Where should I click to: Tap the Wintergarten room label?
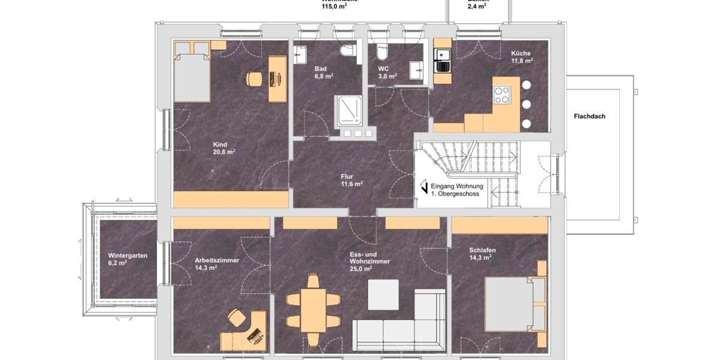pos(128,259)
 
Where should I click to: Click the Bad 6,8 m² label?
pos(323,73)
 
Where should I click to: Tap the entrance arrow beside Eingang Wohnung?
pos(424,188)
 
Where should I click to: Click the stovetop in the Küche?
pos(501,95)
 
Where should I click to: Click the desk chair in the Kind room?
pos(254,78)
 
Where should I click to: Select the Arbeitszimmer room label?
pos(217,264)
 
